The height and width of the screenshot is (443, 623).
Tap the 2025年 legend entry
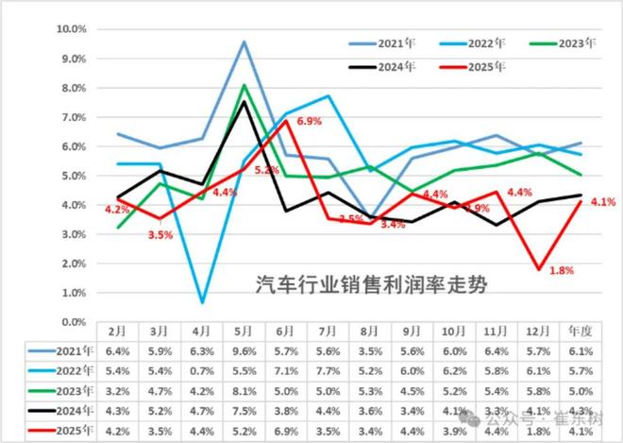tap(484, 67)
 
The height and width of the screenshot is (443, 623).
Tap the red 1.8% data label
tap(561, 271)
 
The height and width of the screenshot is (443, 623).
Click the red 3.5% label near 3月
tap(160, 234)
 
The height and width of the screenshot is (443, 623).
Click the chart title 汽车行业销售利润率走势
tap(374, 284)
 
